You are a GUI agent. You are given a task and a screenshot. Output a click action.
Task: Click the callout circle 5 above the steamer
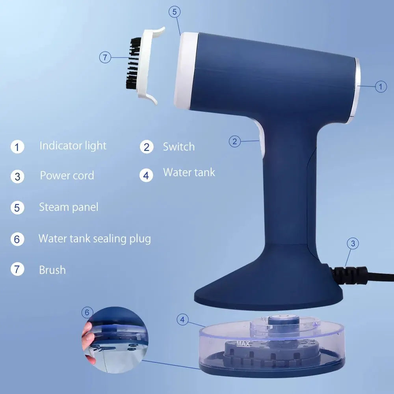tap(175, 12)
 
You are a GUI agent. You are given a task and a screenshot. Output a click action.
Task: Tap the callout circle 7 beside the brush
tap(105, 58)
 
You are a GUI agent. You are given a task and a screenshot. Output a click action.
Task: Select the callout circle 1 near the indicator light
tap(381, 86)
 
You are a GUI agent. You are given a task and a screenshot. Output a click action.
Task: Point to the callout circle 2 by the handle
tap(235, 141)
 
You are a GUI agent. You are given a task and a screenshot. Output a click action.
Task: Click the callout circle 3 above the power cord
tap(353, 243)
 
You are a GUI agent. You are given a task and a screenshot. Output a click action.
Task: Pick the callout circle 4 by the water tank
tap(182, 320)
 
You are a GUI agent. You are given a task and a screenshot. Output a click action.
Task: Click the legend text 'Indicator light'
tap(73, 146)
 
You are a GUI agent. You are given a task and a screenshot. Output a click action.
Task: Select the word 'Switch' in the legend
tap(179, 147)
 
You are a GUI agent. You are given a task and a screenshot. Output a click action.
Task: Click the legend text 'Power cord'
tap(67, 175)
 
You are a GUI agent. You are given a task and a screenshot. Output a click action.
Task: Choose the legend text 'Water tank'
tap(189, 173)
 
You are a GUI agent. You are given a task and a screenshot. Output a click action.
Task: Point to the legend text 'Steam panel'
tap(69, 207)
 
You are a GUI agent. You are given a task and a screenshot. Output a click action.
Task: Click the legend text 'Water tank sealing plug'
tap(95, 239)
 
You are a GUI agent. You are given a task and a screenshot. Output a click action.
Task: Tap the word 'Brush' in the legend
tap(52, 270)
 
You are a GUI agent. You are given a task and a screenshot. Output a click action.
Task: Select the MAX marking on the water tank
tap(243, 344)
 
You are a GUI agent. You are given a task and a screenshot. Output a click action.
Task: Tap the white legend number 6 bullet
tap(17, 239)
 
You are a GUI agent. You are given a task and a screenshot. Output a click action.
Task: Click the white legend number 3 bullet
tap(17, 176)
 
